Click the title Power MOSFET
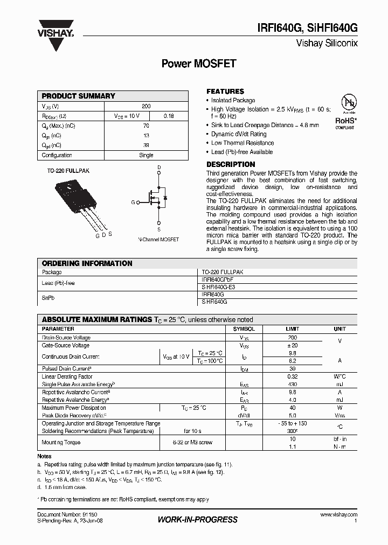pyautogui.click(x=199, y=64)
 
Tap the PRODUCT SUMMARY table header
pyautogui.click(x=79, y=96)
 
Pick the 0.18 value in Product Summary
pyautogui.click(x=168, y=116)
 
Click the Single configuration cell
pyautogui.click(x=146, y=155)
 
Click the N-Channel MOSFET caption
pyautogui.click(x=158, y=239)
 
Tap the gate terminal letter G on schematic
pyautogui.click(x=133, y=202)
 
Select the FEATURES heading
pyautogui.click(x=225, y=92)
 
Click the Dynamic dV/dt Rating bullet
pyautogui.click(x=239, y=134)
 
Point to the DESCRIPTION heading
pyautogui.click(x=231, y=164)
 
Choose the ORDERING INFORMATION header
pyautogui.click(x=87, y=263)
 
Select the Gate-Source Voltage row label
pyautogui.click(x=66, y=345)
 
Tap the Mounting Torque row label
pyautogui.click(x=61, y=442)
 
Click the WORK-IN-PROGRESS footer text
pyautogui.click(x=197, y=520)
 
